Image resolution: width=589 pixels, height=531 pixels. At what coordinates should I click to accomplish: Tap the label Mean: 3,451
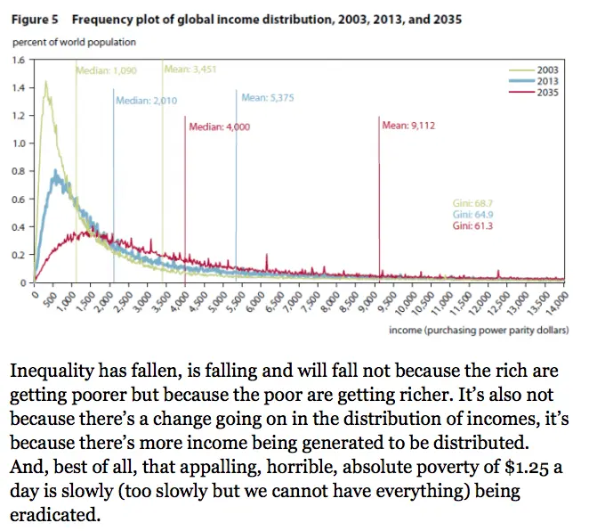pos(191,69)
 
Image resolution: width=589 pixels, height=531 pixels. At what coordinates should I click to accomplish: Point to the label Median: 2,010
pos(147,101)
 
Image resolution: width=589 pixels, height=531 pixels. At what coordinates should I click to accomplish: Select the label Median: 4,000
pos(220,127)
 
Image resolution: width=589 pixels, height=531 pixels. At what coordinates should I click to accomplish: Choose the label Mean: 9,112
pos(408,126)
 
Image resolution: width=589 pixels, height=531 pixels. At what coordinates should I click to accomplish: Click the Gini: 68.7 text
pos(472,204)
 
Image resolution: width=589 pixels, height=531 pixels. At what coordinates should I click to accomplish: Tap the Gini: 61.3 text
pos(472,227)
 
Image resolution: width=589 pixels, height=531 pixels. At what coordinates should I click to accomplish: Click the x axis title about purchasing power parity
pos(479,329)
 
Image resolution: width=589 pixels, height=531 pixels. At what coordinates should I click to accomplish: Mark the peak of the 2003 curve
pos(44,82)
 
